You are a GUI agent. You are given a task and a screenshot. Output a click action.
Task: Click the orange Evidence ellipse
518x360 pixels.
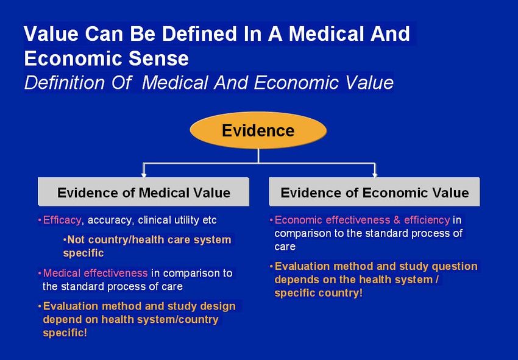coord(258,130)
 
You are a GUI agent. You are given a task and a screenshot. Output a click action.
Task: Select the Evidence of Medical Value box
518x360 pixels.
coord(143,192)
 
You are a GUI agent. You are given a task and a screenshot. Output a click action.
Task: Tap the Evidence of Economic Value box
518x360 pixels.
coord(374,192)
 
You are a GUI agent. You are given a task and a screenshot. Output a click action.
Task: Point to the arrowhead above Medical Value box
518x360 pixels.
coord(143,174)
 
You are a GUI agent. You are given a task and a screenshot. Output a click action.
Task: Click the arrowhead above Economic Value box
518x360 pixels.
coord(375,174)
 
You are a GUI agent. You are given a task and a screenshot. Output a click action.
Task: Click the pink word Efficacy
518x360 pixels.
coord(62,221)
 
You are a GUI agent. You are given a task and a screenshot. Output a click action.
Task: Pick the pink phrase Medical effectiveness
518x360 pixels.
coord(95,273)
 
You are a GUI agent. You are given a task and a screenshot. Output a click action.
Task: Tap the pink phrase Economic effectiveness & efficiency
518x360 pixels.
coord(362,220)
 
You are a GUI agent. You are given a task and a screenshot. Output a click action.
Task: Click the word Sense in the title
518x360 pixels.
coord(158,58)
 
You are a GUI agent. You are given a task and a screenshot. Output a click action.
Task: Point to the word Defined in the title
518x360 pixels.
coord(199,34)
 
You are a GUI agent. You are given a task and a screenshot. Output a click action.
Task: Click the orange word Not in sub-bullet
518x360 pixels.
coord(76,240)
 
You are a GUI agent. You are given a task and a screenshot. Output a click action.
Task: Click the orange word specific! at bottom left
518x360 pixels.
coord(65,333)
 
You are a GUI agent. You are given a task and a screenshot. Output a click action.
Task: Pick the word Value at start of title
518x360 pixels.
coord(51,34)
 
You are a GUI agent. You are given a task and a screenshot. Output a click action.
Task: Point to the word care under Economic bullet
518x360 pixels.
coord(285,247)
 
